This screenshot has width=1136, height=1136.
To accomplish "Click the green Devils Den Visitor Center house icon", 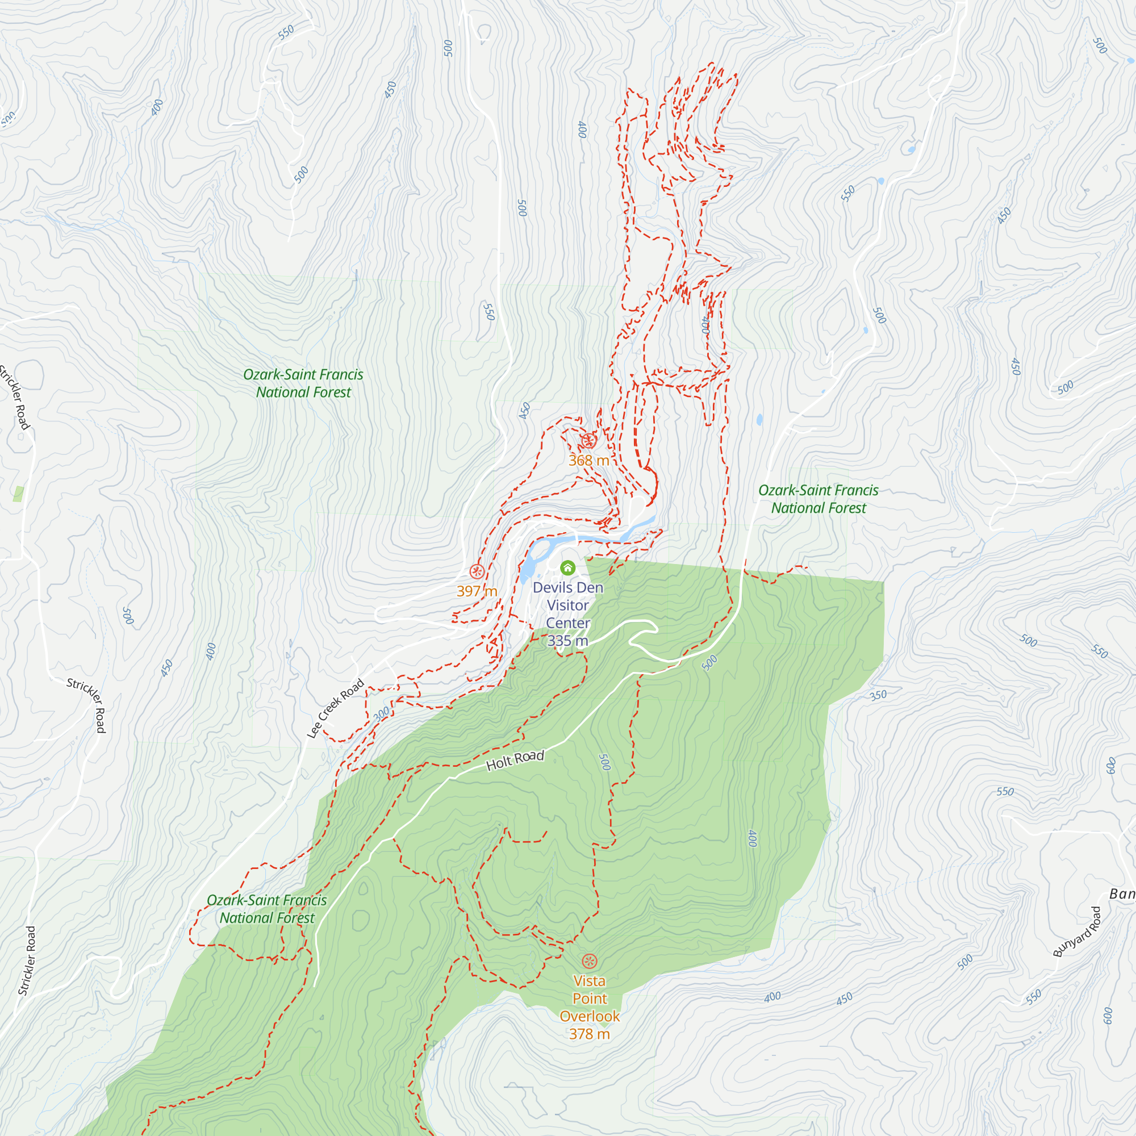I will point(567,567).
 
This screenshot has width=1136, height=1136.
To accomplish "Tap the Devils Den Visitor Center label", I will point(567,605).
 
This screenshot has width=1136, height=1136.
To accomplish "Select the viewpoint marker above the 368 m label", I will point(588,440).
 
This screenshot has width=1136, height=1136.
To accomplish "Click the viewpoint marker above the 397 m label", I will point(477,571).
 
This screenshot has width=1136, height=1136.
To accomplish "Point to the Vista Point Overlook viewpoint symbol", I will point(589,962).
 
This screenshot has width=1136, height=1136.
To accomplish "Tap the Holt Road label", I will point(515,761).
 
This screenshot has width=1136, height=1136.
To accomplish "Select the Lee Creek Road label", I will point(336,708).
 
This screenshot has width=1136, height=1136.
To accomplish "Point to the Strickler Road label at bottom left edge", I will point(27,961).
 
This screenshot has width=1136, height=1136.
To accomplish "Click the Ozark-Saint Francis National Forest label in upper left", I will point(303,383).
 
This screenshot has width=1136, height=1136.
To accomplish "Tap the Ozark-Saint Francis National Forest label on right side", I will point(818,499).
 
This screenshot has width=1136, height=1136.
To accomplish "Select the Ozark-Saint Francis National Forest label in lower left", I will point(267,909).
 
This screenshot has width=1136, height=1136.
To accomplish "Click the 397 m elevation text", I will point(477,591).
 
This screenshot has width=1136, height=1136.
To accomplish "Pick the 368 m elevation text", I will point(588,461).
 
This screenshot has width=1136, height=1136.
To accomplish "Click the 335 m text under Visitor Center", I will point(567,641).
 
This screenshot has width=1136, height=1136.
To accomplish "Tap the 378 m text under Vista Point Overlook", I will point(589,1034).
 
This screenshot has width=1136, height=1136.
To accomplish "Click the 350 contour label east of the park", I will point(878,695).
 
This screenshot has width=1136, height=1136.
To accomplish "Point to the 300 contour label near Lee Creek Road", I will point(382,714).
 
